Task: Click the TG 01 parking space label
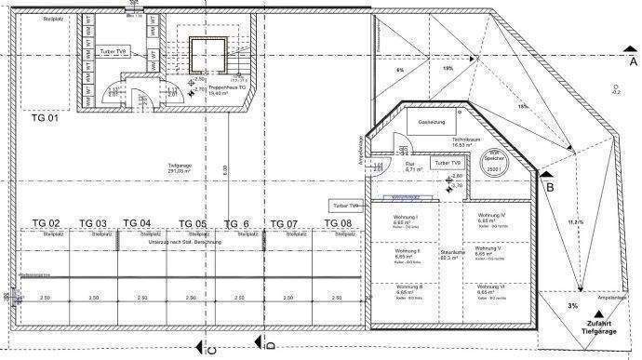click(45, 118)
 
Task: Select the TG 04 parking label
click(138, 223)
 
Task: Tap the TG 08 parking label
click(337, 223)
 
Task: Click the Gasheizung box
click(434, 123)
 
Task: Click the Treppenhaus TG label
click(225, 91)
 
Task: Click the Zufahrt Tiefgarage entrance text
click(601, 326)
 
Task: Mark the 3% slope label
click(573, 305)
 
